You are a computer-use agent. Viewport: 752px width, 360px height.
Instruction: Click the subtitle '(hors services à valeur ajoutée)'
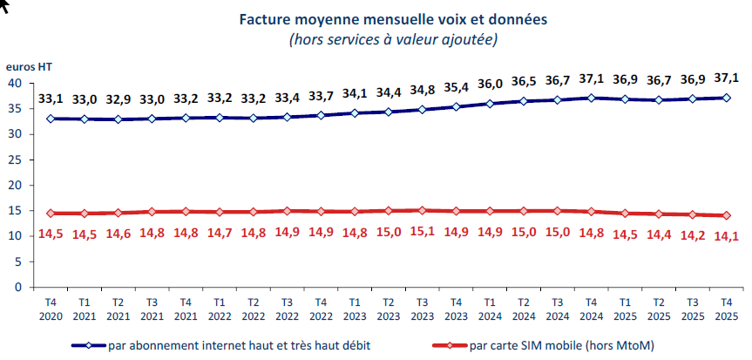pos(391,39)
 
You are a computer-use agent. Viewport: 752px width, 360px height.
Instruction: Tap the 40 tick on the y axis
pos(15,84)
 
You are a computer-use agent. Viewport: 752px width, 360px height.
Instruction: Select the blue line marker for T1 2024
pos(490,104)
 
